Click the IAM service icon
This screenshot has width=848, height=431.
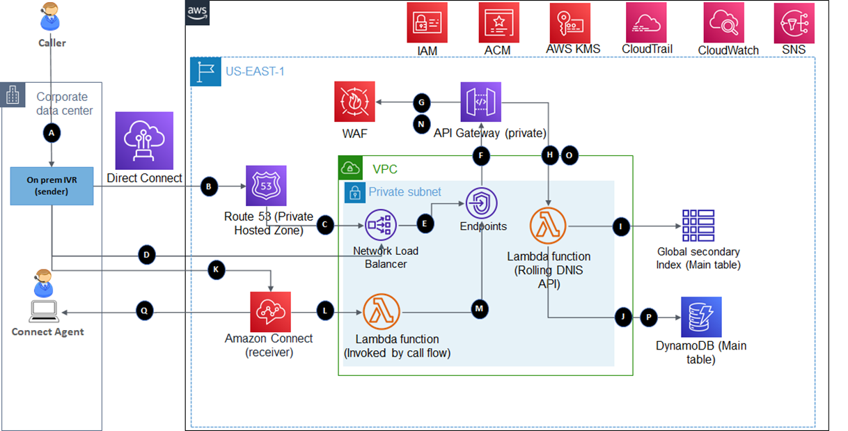click(x=427, y=23)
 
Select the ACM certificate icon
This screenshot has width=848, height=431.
click(x=498, y=23)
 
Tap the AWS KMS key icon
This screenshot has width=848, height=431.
click(x=570, y=23)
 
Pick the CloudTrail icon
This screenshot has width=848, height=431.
click(x=645, y=23)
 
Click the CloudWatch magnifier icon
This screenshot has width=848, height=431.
click(x=724, y=23)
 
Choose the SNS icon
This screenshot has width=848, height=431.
click(x=794, y=23)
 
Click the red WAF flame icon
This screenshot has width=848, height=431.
click(x=354, y=102)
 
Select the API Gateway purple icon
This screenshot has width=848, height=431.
click(x=480, y=102)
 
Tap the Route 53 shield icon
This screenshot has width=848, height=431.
click(x=266, y=186)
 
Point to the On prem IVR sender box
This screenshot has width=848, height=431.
click(x=52, y=186)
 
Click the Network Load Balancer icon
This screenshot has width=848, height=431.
click(x=380, y=224)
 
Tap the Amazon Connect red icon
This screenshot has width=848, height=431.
click(x=270, y=311)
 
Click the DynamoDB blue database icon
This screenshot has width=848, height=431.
click(x=701, y=317)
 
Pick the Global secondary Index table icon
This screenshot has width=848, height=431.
click(x=698, y=225)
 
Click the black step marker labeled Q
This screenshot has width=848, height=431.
click(x=144, y=311)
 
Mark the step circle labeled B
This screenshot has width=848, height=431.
click(x=209, y=186)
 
